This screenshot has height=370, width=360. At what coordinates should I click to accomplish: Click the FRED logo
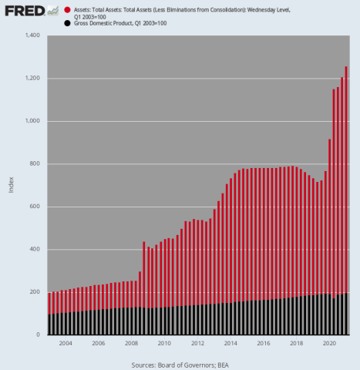click(x=23, y=12)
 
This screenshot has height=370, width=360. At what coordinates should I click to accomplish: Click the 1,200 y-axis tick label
click(x=32, y=79)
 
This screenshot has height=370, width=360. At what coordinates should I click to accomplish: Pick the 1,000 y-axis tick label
click(x=32, y=122)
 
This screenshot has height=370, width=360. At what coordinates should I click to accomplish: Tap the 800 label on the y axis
click(x=35, y=164)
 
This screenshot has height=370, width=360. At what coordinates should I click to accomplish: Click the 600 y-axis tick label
click(x=35, y=207)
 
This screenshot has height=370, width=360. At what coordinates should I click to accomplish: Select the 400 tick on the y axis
click(x=35, y=250)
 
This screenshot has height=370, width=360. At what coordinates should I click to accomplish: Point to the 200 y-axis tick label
click(x=35, y=292)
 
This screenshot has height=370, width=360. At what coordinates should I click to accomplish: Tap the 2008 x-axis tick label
click(x=131, y=343)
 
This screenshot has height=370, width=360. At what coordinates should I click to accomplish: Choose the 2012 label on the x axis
click(x=197, y=343)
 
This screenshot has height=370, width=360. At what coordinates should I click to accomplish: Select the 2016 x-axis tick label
click(x=263, y=343)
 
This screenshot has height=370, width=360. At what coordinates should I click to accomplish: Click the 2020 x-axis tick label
click(x=329, y=343)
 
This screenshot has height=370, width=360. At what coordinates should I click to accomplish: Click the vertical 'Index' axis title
click(x=11, y=185)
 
